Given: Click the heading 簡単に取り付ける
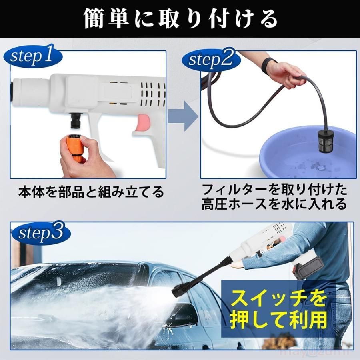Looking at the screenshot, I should coord(180,18).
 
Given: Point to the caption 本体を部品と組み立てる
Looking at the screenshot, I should coord(91,192).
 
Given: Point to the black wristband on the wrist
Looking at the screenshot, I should coord(269,65).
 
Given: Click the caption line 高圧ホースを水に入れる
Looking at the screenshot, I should coord(274,205).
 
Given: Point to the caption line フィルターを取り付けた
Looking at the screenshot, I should coord(274,188).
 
